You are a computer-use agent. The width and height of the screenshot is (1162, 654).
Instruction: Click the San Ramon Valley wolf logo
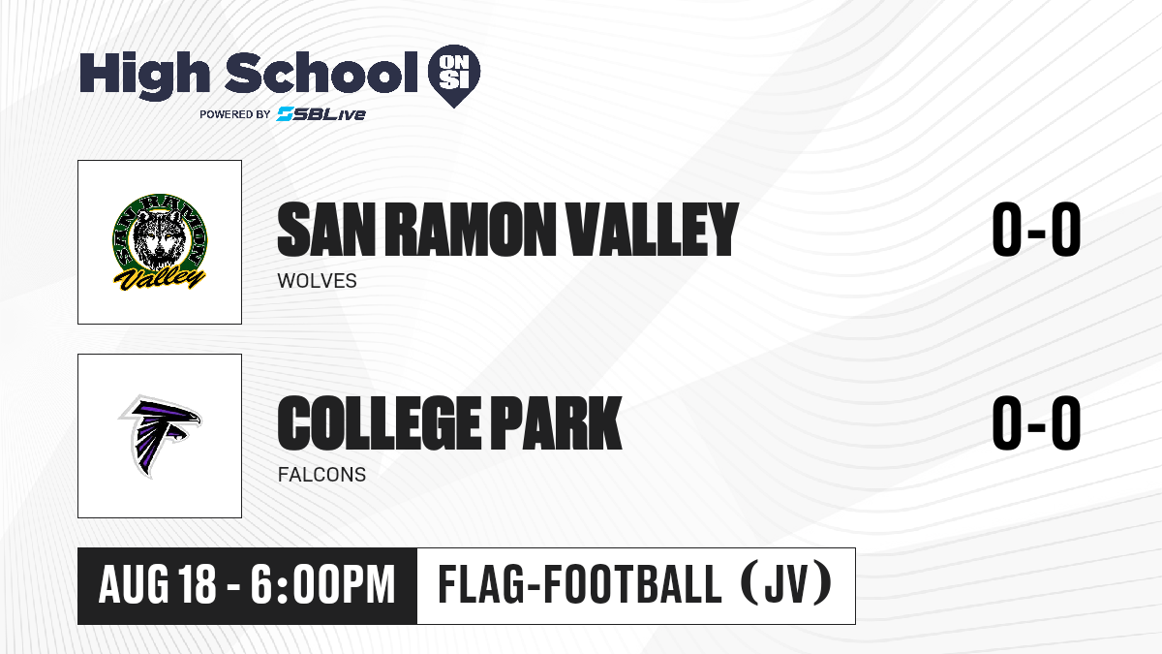coord(160,242)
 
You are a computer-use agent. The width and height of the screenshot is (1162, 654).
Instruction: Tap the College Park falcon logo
coord(160,436)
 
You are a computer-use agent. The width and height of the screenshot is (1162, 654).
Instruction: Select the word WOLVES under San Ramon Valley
coord(317,281)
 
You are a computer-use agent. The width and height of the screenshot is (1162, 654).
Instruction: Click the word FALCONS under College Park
coord(321,475)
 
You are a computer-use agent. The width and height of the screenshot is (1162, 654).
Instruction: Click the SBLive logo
coord(321,114)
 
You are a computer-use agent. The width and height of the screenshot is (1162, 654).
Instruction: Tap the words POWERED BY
coord(235,114)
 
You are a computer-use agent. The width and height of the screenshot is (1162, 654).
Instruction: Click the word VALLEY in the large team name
coord(652,230)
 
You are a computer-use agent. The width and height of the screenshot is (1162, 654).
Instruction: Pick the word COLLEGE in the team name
coord(380,423)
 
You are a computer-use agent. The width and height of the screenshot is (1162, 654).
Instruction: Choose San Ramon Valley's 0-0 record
coord(1036,230)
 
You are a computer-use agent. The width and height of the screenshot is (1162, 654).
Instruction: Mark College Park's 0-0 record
coord(1036,423)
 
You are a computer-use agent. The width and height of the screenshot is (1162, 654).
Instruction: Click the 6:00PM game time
coord(322,585)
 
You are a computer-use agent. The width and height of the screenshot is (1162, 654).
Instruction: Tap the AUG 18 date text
coord(157,585)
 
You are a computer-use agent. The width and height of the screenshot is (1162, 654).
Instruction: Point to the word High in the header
coord(144,74)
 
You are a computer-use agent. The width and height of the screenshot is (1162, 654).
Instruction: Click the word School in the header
coord(321,72)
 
